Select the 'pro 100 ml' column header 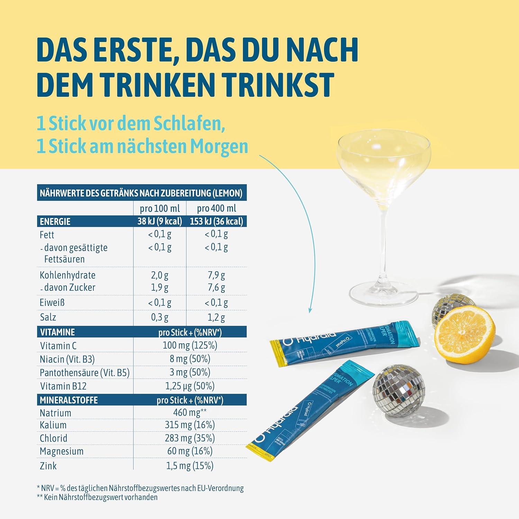160,208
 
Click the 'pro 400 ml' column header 217,208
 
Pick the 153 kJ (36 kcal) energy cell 217,221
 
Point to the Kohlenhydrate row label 67,275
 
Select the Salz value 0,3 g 160,317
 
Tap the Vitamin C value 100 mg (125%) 190,345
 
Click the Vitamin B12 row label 63,386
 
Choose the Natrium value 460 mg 190,412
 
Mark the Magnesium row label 62,451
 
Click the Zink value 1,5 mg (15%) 190,466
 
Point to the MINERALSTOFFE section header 69,400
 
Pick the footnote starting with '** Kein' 97,497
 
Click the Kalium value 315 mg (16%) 190,425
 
